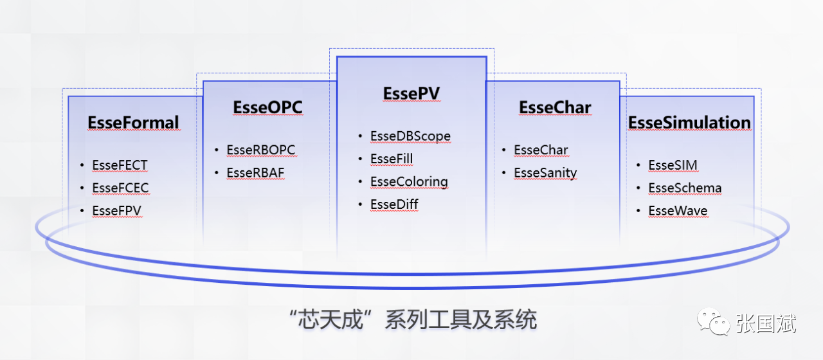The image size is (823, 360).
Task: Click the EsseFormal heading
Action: click(133, 122)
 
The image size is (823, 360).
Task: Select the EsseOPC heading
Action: click(267, 107)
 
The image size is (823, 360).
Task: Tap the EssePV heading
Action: click(411, 93)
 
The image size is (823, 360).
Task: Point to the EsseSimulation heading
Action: click(689, 122)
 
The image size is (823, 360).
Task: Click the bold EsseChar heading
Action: click(555, 107)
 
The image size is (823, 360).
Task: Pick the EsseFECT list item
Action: click(120, 165)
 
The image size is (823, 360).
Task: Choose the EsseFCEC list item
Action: click(120, 188)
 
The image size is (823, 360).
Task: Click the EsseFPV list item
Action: click(116, 210)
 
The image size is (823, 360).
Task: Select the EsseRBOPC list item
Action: click(260, 150)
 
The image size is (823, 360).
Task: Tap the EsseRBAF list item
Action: click(255, 172)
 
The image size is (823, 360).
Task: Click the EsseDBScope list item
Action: click(410, 136)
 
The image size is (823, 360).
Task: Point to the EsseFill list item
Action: click(392, 159)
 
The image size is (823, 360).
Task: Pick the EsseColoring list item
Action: click(409, 181)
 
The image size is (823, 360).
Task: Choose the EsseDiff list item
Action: click(394, 204)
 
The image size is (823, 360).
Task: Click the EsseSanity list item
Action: click(545, 172)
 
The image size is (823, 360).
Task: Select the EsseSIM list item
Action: click(673, 165)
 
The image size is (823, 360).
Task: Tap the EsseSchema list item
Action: click(685, 188)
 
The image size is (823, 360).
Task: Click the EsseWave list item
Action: click(678, 210)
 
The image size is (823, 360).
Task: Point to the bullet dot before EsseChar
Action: click(504, 150)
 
